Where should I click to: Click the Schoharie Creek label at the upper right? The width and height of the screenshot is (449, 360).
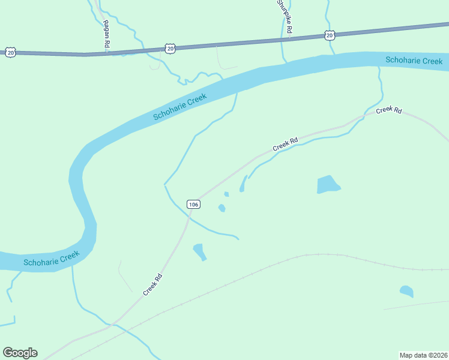[414, 61]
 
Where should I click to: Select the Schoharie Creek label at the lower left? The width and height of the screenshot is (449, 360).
[52, 259]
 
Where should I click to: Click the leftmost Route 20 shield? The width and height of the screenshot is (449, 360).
[10, 53]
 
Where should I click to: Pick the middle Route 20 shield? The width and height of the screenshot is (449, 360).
[170, 48]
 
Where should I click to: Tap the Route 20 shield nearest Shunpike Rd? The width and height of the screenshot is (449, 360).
[329, 36]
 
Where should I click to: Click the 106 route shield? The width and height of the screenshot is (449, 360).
[193, 205]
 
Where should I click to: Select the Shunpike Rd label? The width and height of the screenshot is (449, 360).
[283, 16]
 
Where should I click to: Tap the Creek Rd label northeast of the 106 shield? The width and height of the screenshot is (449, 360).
[285, 144]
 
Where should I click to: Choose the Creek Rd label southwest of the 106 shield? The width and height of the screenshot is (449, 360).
[153, 284]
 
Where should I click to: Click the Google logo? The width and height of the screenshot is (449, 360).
[20, 353]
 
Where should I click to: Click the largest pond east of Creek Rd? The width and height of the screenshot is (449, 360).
[328, 184]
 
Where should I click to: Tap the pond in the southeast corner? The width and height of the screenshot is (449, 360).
[406, 292]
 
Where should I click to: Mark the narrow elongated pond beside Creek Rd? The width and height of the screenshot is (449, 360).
[243, 184]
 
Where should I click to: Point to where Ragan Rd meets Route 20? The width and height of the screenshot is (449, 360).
[107, 53]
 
